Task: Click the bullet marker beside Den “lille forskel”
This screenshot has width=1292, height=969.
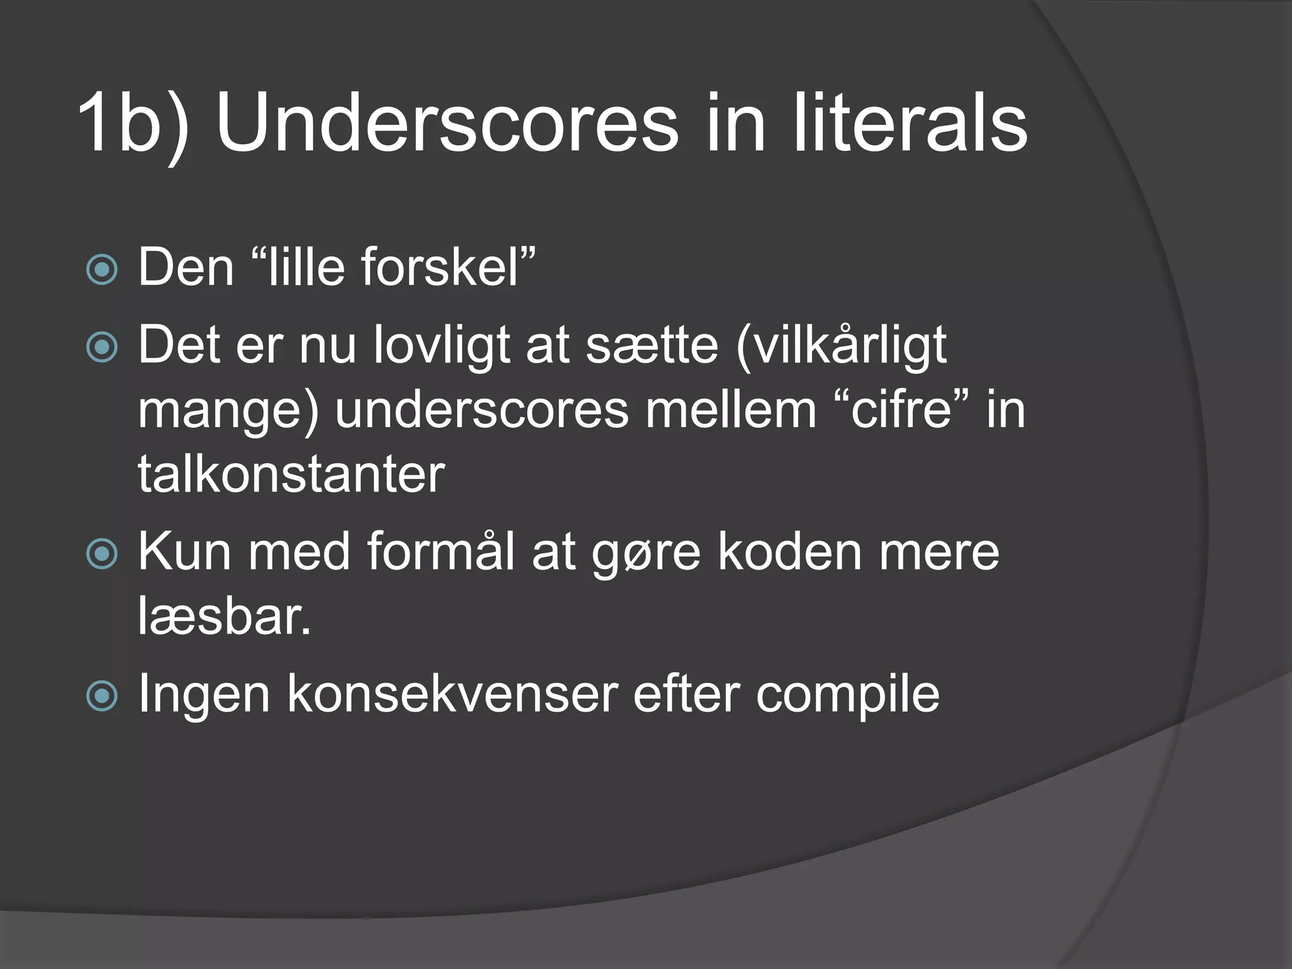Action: coord(102,269)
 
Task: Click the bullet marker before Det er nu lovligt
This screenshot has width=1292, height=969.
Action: coord(102,346)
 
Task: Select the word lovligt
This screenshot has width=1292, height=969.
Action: coord(442,346)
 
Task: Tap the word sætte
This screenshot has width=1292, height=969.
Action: coord(652,346)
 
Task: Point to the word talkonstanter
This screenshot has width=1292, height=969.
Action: coord(291,474)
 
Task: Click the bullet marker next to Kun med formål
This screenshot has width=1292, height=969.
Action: coord(102,554)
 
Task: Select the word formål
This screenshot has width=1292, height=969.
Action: coord(440,553)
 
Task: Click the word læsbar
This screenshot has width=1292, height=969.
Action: coord(225,617)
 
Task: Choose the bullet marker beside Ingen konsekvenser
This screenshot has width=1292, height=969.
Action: coord(102,696)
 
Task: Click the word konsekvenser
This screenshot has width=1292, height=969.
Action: coord(452,695)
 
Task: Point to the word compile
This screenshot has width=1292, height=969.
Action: coord(848,695)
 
